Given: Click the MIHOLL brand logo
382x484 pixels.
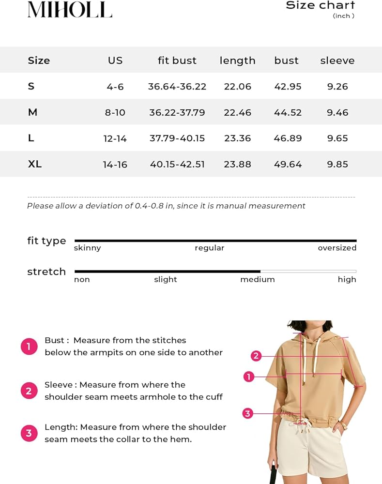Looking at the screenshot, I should [70, 9].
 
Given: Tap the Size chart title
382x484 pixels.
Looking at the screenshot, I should [320, 5].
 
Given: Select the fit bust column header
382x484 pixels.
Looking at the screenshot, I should [177, 60].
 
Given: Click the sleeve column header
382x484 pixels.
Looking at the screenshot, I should [337, 60].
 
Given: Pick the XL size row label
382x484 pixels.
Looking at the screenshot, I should [35, 164].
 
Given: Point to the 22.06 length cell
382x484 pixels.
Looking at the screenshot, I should [237, 87].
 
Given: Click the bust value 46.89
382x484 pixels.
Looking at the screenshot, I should [288, 138].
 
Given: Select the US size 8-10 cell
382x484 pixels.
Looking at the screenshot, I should [115, 113].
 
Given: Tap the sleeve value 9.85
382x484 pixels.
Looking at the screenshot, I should [337, 165].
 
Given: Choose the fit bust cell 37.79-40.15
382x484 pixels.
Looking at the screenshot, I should [177, 138].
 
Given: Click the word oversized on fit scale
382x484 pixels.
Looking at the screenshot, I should [337, 248].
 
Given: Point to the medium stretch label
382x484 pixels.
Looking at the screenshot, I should [257, 280].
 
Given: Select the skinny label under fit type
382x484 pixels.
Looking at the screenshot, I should [87, 248].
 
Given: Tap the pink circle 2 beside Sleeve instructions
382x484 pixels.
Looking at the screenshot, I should [29, 391].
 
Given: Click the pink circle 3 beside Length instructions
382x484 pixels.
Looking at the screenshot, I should [29, 433].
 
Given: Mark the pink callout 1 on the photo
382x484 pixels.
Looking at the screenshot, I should [248, 377].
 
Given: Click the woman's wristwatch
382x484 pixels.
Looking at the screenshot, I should [343, 425].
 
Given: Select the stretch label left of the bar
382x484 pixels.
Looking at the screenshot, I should [46, 272].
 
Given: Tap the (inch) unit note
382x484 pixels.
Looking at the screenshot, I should [343, 16].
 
